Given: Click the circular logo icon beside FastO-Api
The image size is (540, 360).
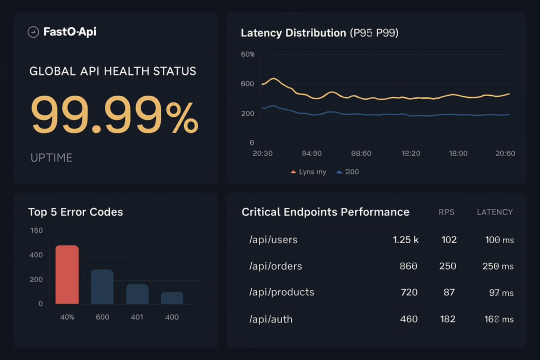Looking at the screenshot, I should (33, 32).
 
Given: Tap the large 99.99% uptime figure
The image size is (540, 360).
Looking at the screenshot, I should (114, 115).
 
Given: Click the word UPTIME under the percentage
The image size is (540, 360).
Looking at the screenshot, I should (51, 158).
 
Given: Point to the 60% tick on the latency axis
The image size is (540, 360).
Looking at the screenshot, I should (247, 54).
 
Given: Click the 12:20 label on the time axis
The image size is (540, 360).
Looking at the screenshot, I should (411, 154).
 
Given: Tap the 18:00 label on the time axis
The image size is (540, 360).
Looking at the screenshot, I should (458, 154).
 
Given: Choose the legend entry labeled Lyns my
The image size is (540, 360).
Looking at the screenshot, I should (308, 172).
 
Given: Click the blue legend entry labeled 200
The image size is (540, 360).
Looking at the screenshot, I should (348, 172).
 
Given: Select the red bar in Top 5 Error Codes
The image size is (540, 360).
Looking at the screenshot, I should (67, 275).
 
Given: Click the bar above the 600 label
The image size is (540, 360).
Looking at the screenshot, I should (102, 287).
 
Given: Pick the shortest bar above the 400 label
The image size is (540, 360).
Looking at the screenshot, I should (172, 298).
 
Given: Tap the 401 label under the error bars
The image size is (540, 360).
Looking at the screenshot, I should (137, 317).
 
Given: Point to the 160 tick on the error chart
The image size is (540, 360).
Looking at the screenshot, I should (36, 231).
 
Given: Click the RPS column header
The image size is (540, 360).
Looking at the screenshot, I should (446, 212).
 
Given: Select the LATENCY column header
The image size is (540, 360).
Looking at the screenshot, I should (495, 212).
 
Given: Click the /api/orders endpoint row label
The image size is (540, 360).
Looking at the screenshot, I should (275, 266).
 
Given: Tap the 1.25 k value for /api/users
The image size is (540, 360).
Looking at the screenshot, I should (405, 240).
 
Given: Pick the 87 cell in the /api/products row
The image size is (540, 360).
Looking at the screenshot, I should (449, 292).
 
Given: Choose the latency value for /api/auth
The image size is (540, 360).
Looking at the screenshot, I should (499, 319).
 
